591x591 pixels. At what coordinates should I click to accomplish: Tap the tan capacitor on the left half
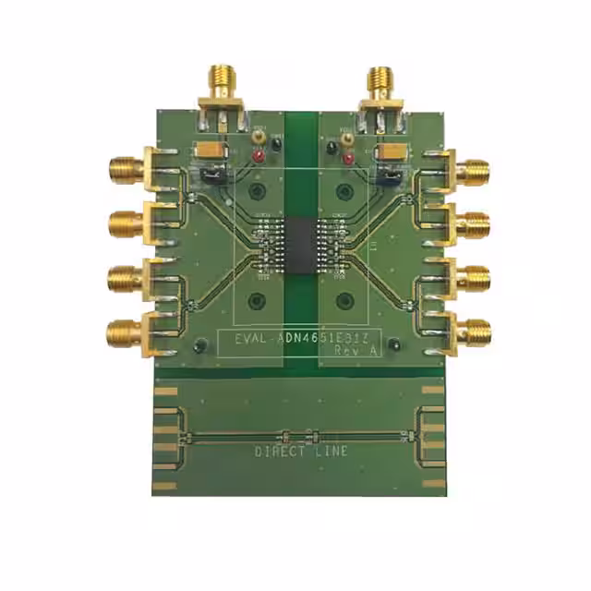tap(208, 150)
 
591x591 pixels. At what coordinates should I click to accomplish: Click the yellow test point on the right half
tap(347, 139)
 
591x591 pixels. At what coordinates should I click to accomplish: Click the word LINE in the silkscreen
tap(332, 452)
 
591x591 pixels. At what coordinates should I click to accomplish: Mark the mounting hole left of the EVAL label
tap(200, 346)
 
